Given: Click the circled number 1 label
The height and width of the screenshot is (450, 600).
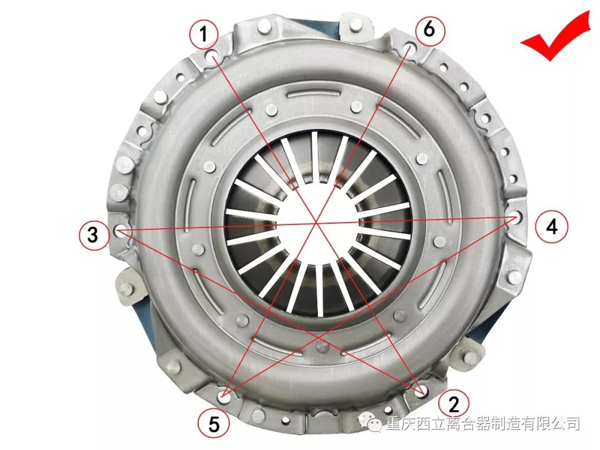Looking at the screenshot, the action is coord(203,34).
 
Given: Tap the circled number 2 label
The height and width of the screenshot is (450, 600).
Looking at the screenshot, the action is coord(454,403).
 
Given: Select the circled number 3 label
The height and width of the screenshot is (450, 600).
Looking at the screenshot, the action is coord(93,234).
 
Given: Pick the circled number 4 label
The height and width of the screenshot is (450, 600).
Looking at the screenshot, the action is coord(552,227).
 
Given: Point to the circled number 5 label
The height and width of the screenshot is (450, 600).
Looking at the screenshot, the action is coord(214,424).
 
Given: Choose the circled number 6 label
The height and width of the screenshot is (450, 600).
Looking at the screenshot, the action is coord(429,29).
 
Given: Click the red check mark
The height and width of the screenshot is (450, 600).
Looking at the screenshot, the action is coord(555,36).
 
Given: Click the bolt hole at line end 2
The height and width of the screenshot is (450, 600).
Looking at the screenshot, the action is coord(422,391).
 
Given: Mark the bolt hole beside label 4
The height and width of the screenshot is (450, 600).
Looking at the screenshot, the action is coord(515,217).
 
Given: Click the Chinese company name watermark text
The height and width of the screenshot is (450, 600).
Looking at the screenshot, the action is coord(483,423).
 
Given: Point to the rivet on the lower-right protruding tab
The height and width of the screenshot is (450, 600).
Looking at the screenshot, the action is coord(470,358).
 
